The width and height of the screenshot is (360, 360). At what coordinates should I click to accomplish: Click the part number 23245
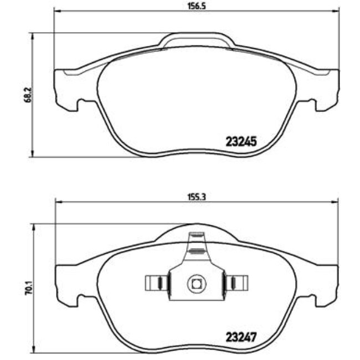[x=241, y=142]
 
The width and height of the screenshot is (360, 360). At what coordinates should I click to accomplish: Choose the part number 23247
[x=241, y=336]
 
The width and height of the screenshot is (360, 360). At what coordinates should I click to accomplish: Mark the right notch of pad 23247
[x=310, y=300]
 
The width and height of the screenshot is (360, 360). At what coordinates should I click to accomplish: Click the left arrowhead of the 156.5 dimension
[x=56, y=11]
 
